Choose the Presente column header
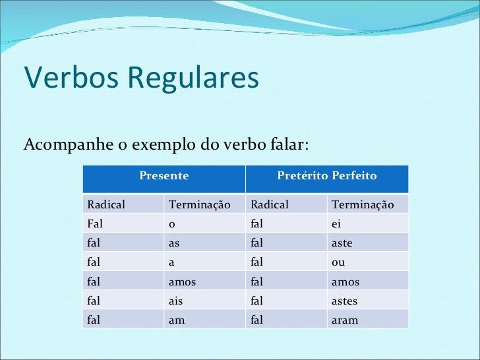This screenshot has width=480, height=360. (x=164, y=176)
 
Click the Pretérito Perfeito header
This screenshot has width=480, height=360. (x=326, y=176)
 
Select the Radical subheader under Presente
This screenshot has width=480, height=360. (x=106, y=205)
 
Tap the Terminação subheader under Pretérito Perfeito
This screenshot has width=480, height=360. (x=362, y=205)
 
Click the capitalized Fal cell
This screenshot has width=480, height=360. (x=95, y=224)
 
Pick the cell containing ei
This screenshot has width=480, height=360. (x=336, y=224)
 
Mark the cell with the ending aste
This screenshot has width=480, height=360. (x=342, y=243)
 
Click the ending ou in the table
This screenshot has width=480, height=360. (x=338, y=262)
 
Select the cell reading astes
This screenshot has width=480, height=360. (x=344, y=301)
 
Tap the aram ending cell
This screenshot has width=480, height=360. (x=344, y=320)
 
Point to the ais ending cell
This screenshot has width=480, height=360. (x=176, y=301)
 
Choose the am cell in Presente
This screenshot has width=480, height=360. (x=176, y=320)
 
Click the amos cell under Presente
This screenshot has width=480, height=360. (x=182, y=282)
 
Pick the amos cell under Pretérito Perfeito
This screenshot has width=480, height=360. (x=345, y=282)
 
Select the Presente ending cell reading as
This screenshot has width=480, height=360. (x=174, y=243)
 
